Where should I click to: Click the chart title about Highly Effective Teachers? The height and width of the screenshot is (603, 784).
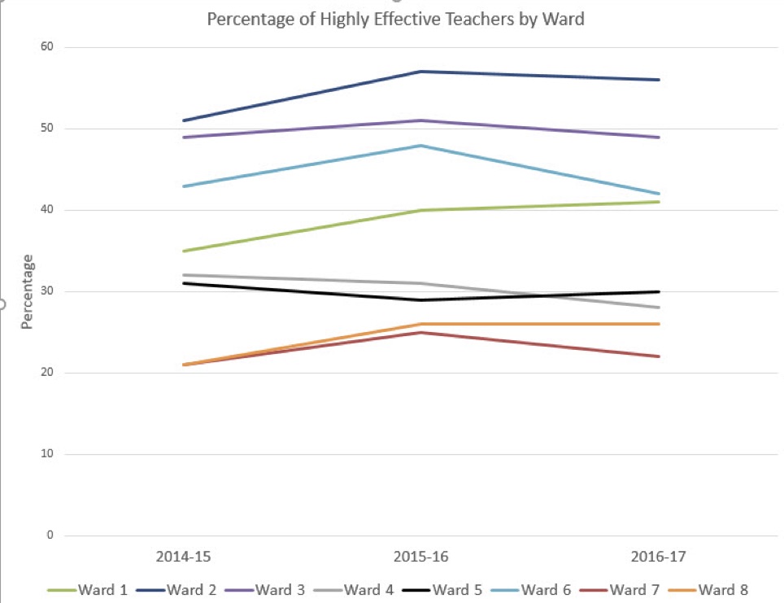coord(395,19)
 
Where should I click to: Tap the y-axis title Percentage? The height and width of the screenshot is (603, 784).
coord(27,292)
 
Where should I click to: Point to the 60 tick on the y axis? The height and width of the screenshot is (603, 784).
coord(46,47)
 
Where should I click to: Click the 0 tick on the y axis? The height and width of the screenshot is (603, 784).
coord(50,535)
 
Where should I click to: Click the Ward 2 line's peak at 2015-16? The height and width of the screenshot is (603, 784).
coord(420,72)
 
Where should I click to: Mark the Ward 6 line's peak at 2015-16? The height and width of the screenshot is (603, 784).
coord(420,146)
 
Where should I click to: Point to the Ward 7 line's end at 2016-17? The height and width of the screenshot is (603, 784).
coord(659,356)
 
